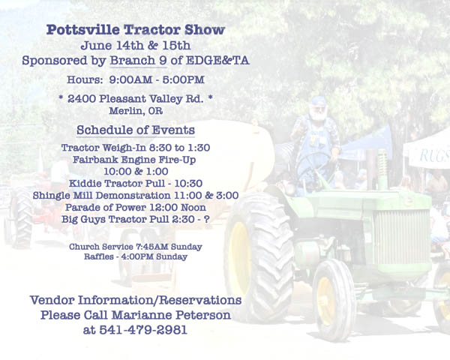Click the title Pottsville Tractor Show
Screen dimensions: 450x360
coord(136,30)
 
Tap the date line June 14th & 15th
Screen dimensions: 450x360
coord(136,45)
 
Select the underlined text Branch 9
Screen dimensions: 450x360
coord(138,60)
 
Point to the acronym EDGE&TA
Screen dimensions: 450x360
coord(217,61)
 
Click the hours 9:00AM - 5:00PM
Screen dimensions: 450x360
coord(157,79)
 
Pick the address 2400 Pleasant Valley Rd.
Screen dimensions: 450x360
coord(136,99)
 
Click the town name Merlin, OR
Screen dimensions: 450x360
coord(136,111)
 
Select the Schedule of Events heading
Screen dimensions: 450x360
coord(136,130)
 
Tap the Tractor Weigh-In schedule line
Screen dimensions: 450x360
coord(136,148)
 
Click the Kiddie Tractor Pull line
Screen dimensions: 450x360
coord(136,183)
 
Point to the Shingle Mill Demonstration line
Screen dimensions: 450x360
coord(136,195)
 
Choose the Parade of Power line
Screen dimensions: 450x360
coord(136,207)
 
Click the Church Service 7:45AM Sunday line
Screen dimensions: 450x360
coord(136,247)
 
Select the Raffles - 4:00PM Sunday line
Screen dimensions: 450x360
coord(136,256)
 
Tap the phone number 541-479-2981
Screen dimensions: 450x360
coord(143,330)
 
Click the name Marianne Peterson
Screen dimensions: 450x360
coord(171,315)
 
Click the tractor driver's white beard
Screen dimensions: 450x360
coord(318,115)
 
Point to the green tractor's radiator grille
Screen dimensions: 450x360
coord(401,238)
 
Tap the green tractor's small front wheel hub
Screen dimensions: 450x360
coord(326,301)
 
